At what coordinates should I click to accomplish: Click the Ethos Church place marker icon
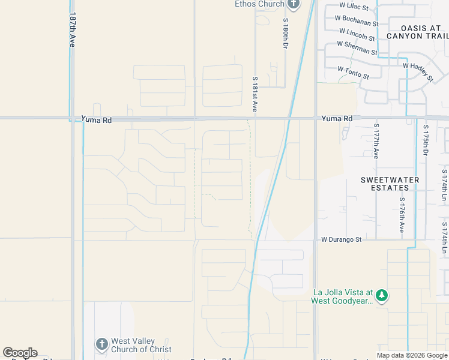pyautogui.click(x=293, y=5)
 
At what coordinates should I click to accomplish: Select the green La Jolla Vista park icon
pyautogui.click(x=381, y=295)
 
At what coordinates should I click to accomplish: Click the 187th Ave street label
pyautogui.click(x=73, y=30)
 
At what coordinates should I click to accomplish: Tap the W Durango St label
pyautogui.click(x=342, y=239)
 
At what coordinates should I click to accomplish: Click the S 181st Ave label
pyautogui.click(x=255, y=95)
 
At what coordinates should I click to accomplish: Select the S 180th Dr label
pyautogui.click(x=286, y=34)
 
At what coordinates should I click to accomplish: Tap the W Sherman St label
pyautogui.click(x=357, y=48)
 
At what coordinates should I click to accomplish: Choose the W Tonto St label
pyautogui.click(x=353, y=73)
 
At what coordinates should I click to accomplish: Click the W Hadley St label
pyautogui.click(x=418, y=71)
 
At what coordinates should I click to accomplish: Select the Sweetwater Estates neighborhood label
pyautogui.click(x=385, y=184)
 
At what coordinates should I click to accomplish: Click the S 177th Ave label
pyautogui.click(x=376, y=142)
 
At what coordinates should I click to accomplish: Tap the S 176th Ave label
pyautogui.click(x=402, y=216)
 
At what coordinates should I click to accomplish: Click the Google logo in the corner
pyautogui.click(x=20, y=353)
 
